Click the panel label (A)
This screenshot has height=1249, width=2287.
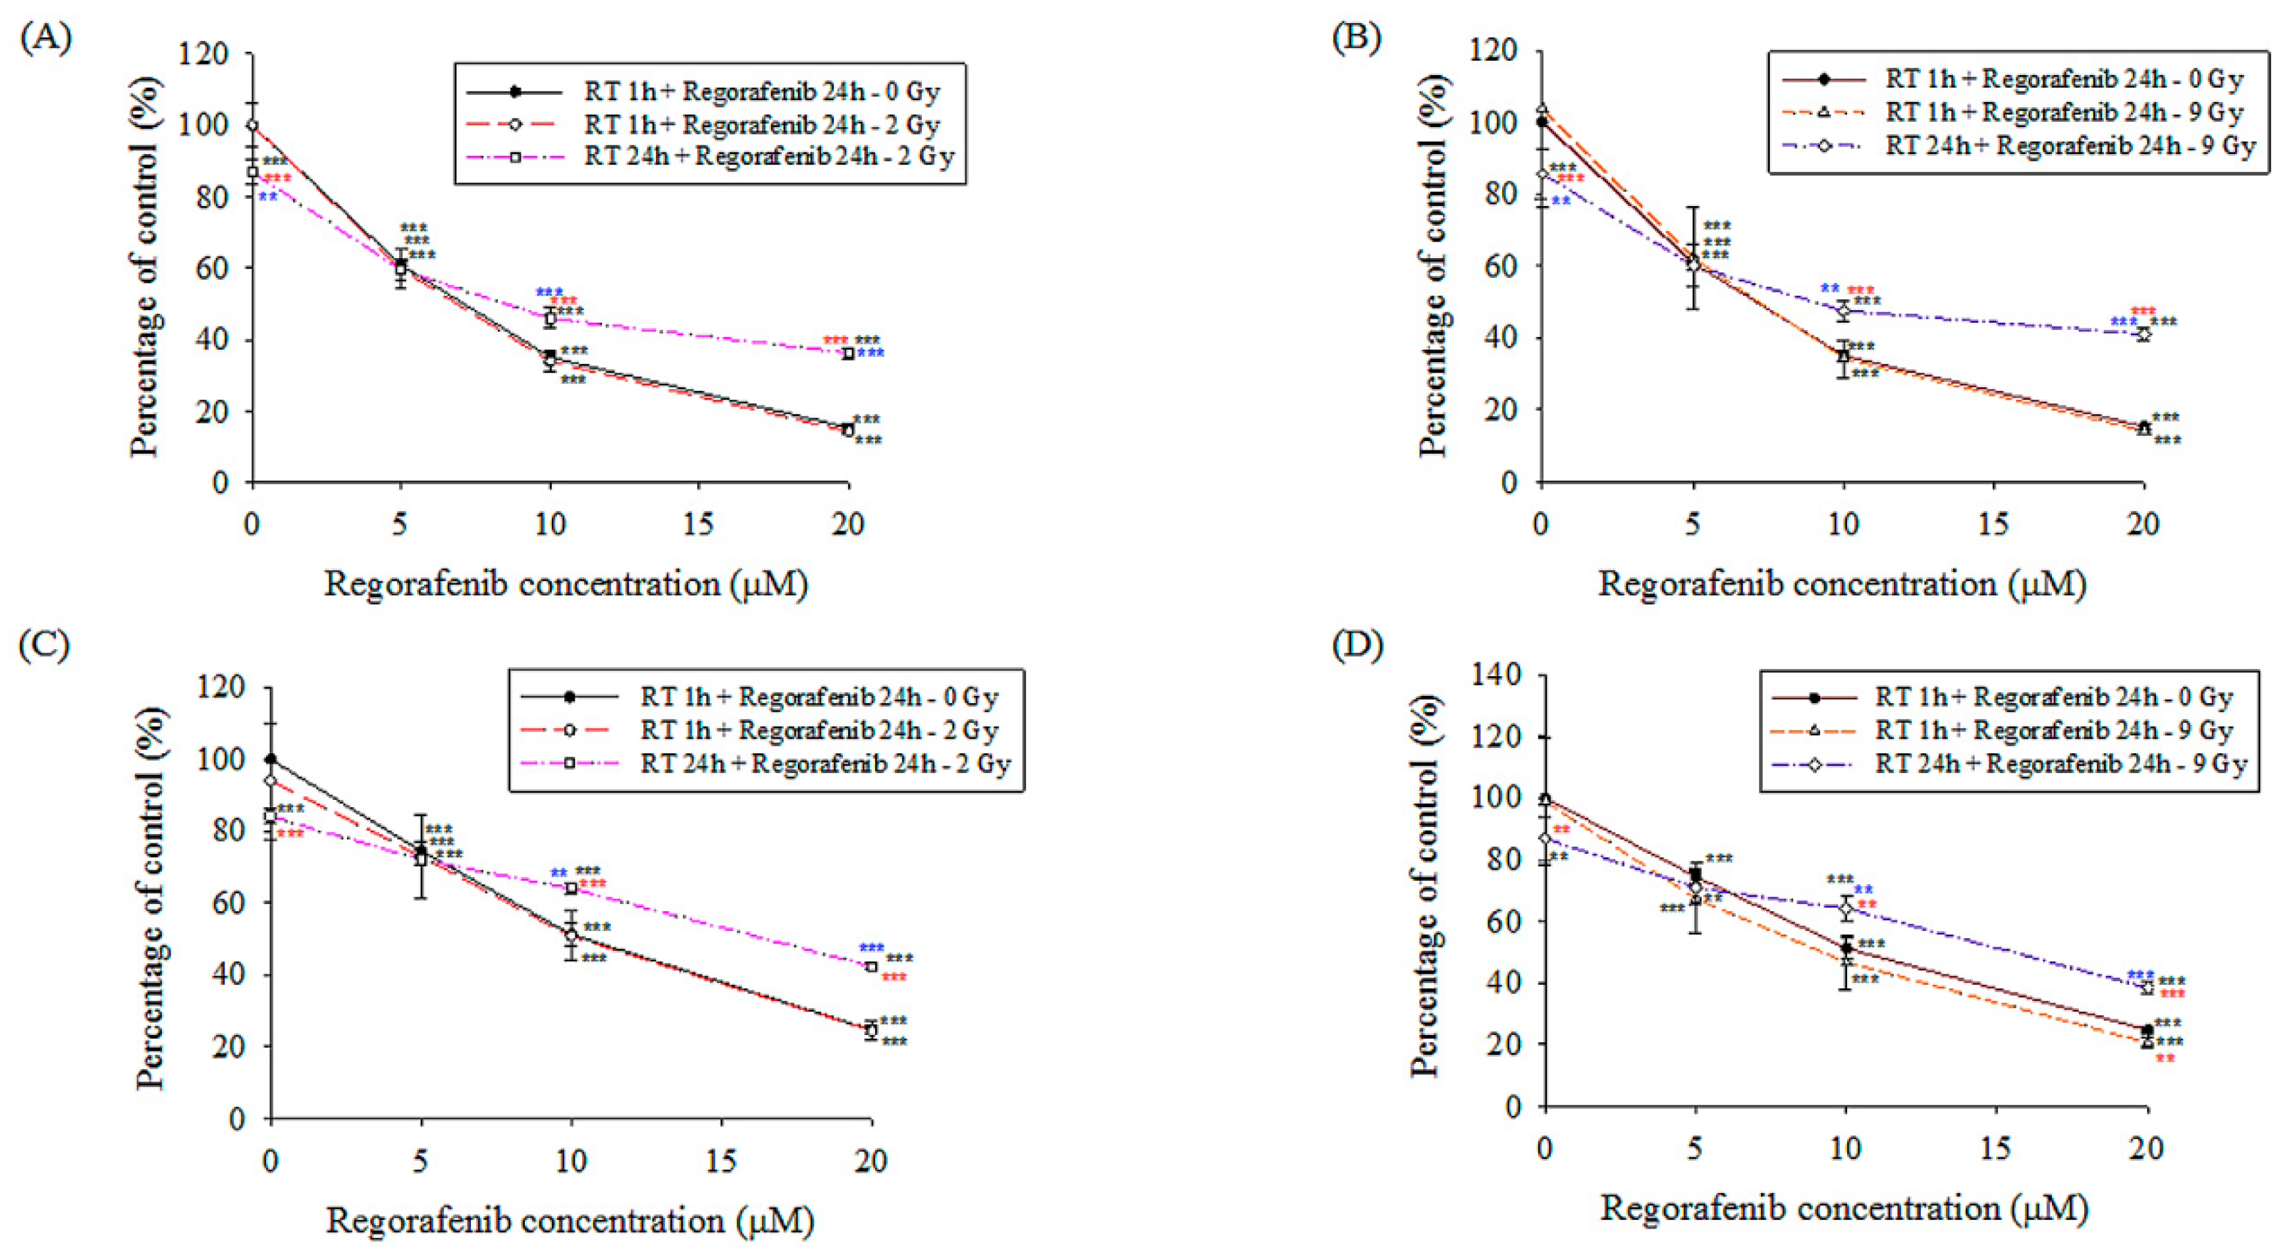[x=45, y=38]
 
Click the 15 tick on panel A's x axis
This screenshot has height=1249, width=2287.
[x=698, y=525]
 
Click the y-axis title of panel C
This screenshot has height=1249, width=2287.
[x=150, y=898]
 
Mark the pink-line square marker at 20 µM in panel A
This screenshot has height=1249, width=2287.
[x=848, y=354]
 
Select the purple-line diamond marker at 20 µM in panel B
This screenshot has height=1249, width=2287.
[x=2143, y=334]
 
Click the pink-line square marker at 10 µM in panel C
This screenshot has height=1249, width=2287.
[x=571, y=888]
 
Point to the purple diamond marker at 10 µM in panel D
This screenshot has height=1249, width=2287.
[x=1846, y=908]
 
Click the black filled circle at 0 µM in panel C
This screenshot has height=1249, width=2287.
[x=271, y=759]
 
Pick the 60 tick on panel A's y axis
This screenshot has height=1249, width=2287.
[x=214, y=268]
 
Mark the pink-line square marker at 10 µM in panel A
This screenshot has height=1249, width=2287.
[x=551, y=318]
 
